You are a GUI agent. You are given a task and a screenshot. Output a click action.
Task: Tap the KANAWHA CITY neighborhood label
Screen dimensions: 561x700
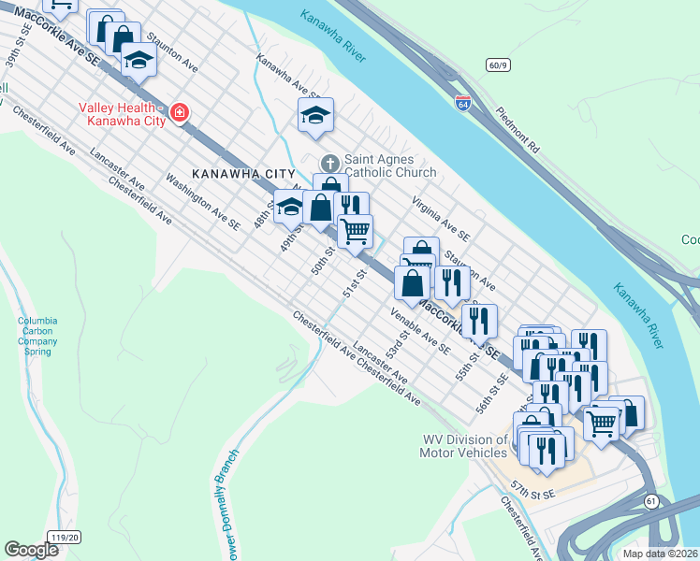(x=243, y=175)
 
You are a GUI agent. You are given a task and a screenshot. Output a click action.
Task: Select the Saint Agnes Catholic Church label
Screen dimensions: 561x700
(x=390, y=165)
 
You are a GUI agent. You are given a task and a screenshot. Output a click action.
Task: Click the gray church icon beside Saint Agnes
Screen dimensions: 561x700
(x=328, y=161)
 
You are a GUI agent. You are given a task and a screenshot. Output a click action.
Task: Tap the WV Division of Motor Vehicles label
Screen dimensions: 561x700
(x=463, y=446)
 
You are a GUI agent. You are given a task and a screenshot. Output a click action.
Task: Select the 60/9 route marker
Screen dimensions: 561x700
(x=498, y=65)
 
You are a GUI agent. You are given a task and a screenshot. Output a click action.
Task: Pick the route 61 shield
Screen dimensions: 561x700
(x=651, y=502)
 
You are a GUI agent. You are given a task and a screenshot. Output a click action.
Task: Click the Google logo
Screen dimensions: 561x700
(x=32, y=549)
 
